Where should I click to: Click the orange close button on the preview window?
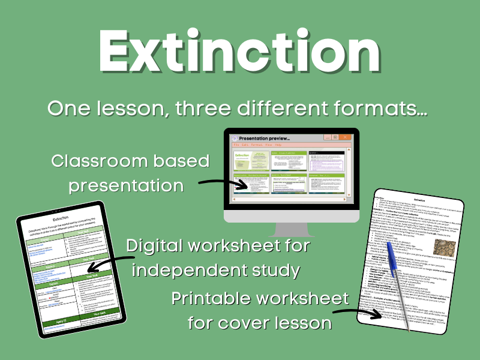pyautogui.click(x=345, y=137)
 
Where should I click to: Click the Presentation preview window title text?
pyautogui.click(x=264, y=138)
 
